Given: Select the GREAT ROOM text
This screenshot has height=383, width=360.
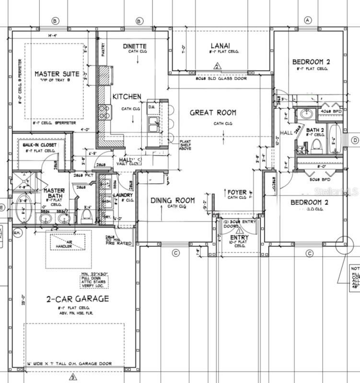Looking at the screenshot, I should click(x=213, y=113).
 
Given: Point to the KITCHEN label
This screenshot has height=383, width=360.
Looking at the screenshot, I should click(x=127, y=97).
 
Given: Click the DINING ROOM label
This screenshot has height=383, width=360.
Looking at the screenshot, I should click(x=173, y=201).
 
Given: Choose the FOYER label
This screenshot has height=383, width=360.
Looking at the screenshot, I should click(x=237, y=192).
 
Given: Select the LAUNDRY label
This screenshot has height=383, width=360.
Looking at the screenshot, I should click(x=123, y=195).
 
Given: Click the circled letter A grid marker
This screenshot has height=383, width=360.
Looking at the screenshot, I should click(x=308, y=20).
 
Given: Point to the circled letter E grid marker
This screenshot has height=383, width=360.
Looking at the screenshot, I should click(x=2, y=207).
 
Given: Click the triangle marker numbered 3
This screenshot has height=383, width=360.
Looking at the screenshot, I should click(x=72, y=377).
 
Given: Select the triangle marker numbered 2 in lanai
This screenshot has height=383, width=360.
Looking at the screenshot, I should click(x=217, y=67).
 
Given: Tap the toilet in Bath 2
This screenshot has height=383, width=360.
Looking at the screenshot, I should click(x=316, y=146).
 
